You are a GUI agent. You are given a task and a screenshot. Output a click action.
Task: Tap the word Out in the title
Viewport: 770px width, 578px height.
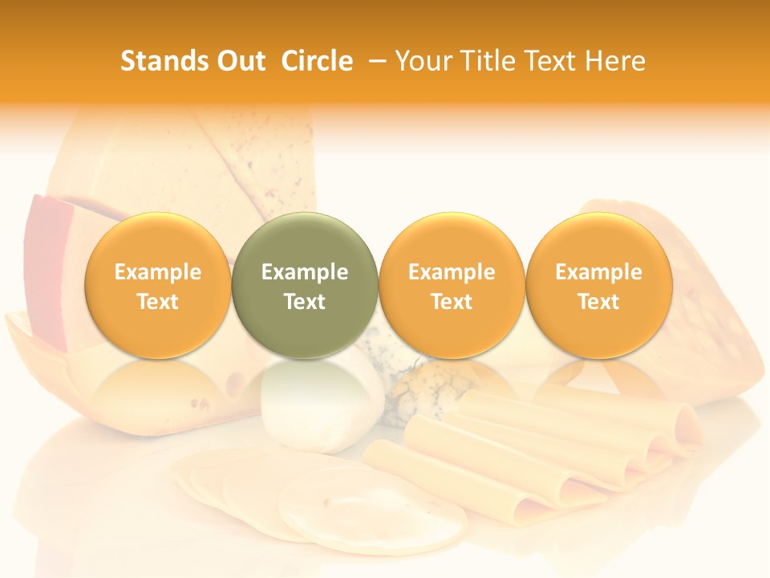point(239,61)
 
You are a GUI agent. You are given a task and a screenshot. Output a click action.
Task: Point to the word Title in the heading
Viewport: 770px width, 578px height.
point(488,61)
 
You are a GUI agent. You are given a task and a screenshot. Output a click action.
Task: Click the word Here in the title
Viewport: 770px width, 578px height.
point(615,61)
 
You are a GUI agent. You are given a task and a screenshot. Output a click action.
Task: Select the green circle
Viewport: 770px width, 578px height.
point(305,286)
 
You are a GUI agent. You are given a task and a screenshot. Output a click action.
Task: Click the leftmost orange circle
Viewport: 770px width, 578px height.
point(158,286)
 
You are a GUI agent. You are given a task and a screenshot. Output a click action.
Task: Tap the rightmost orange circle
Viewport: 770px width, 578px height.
point(599,286)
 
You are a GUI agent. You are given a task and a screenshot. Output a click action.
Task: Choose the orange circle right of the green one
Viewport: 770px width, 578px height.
point(452,286)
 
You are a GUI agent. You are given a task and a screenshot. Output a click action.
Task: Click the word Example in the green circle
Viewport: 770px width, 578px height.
point(305,272)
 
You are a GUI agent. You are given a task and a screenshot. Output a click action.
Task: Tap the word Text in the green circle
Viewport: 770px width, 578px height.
point(305,302)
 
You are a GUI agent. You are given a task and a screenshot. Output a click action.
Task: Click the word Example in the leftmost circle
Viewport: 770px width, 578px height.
point(158,272)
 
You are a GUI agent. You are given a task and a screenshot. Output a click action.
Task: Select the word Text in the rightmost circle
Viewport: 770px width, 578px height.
point(599,302)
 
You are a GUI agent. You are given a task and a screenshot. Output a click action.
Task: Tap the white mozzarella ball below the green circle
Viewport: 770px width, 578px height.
point(321,401)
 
